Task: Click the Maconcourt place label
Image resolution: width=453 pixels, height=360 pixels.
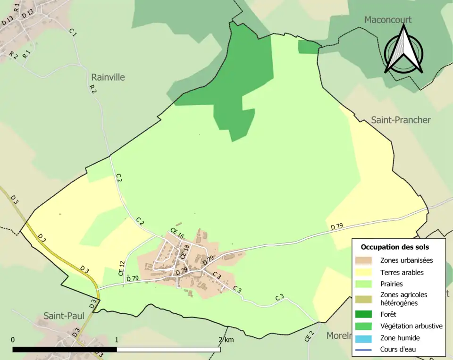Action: tap(388, 20)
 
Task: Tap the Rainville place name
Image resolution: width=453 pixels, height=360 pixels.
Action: tap(108, 77)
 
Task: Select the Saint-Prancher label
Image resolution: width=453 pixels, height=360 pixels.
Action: tap(401, 120)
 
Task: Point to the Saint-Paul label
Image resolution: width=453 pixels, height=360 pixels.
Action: tap(64, 316)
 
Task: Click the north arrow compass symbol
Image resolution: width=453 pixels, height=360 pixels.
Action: tap(403, 50)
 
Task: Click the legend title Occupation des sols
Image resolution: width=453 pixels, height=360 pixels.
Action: tap(394, 247)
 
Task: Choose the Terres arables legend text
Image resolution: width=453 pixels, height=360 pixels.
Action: tap(402, 272)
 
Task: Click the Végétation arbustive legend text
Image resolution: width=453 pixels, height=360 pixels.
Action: tap(411, 326)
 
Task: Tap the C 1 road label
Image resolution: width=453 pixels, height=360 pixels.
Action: tap(73, 32)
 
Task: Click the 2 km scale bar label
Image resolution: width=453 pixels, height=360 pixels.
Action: tap(226, 340)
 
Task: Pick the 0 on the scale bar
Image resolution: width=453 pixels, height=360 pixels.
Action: tap(13, 340)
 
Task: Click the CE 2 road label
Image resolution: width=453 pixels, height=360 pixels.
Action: tap(309, 336)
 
